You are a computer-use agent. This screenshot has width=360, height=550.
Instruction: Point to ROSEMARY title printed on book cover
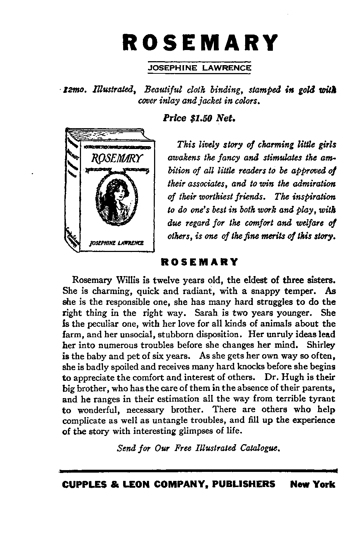pyautogui.click(x=117, y=158)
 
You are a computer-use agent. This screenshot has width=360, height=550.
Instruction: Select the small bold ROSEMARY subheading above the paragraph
pyautogui.click(x=199, y=262)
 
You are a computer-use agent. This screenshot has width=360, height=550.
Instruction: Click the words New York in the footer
pyautogui.click(x=312, y=484)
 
